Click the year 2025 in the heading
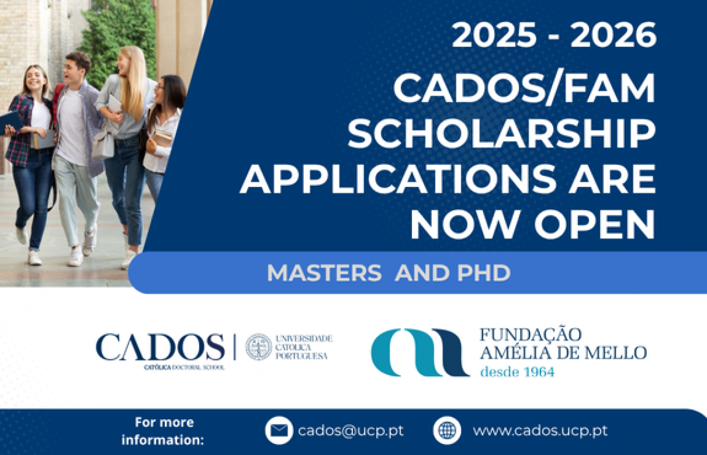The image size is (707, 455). point(494,35)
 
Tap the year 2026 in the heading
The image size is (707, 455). point(614,35)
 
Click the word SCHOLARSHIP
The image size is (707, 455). point(501,134)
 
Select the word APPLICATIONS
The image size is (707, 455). point(398,179)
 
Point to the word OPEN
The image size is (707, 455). point(595,224)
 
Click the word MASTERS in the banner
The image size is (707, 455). point(324,273)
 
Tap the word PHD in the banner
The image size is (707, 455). point(484,273)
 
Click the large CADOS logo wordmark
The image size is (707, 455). point(160,347)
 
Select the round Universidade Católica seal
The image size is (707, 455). point(258,347)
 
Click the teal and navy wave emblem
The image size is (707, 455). point(420,352)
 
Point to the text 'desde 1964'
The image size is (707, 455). point(517,372)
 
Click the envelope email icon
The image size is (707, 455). point(279,430)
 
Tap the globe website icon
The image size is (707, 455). point(447,430)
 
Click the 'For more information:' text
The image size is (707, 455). point(163,431)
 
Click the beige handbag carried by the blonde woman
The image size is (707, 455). point(103,144)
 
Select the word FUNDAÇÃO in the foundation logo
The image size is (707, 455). point(531,335)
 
